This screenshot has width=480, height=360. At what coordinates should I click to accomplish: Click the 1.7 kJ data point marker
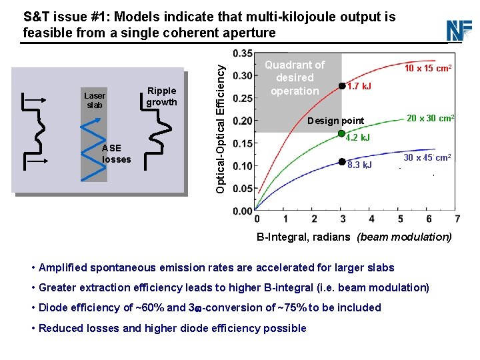tap(342, 85)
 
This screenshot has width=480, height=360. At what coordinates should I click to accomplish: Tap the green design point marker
tap(342, 132)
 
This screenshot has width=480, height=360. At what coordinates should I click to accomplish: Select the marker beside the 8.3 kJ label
tap(342, 161)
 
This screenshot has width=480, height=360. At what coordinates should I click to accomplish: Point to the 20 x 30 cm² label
tap(431, 118)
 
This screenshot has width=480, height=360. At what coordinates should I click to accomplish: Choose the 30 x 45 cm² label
tap(427, 157)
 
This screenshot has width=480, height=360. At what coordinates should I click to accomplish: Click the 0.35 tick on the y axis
tap(243, 53)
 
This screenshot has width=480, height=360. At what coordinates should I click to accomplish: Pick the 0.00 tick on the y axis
tap(243, 211)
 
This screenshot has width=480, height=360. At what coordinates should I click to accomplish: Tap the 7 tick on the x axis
tap(457, 219)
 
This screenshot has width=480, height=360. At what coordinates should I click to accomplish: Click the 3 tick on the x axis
tap(343, 219)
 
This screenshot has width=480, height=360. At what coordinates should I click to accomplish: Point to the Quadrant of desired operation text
tap(295, 77)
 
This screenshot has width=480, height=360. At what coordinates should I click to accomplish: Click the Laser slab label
tap(95, 101)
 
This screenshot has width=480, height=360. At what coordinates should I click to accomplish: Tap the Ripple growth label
tap(161, 97)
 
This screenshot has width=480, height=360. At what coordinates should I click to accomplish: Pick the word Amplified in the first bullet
tap(65, 268)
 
